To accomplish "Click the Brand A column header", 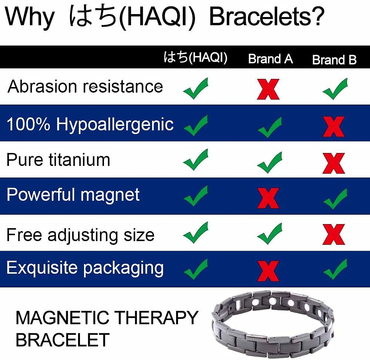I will pos(270,59).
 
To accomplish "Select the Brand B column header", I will pos(334,60).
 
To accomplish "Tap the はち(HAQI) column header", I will pos(195,58).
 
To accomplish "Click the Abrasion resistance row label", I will pos(85,87).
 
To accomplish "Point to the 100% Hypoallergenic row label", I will pos(90,124).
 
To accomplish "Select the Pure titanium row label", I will pos(58,160).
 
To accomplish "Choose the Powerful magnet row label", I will pos(73,195).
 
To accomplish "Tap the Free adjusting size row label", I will pos(80,235).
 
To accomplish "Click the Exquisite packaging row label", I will pos(85,268).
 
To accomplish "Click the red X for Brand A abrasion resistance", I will pos(268,89).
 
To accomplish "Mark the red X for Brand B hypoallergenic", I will pos(333,127).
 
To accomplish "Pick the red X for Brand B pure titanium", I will pos(333,163).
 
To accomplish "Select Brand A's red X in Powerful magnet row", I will pos(268,198).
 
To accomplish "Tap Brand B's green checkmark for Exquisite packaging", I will pos(335,269).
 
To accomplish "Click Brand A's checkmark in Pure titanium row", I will pos(270,162).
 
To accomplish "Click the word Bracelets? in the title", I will pos(267,17).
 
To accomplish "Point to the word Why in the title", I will pos(30,17).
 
